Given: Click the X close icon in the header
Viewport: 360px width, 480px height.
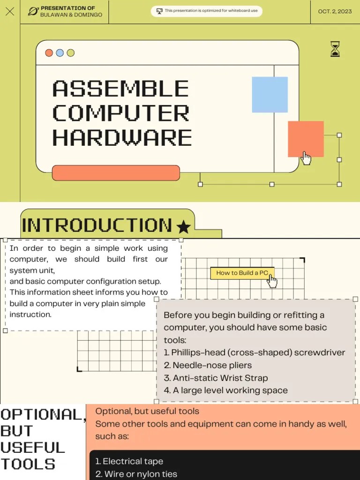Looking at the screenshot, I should pyautogui.click(x=10, y=11).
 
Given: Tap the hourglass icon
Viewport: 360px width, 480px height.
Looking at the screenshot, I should pyautogui.click(x=335, y=49).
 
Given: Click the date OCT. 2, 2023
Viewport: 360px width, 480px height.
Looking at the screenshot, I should pyautogui.click(x=335, y=11).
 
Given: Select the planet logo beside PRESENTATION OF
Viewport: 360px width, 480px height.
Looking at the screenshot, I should pyautogui.click(x=33, y=11).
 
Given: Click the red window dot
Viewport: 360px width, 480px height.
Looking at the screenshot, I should pyautogui.click(x=49, y=53).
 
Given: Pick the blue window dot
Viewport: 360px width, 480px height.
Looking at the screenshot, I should pyautogui.click(x=60, y=53).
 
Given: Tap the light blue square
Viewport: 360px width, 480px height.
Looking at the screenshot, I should pyautogui.click(x=270, y=95).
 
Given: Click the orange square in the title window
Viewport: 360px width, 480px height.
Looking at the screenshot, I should pyautogui.click(x=306, y=139).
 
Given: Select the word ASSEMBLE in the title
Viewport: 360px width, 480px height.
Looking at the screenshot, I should pyautogui.click(x=120, y=89).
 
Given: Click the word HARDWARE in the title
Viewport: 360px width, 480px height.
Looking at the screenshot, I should pyautogui.click(x=122, y=138).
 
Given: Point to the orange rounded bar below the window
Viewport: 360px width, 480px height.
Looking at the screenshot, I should pyautogui.click(x=116, y=173).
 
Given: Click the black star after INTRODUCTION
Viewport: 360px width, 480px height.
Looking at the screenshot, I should pyautogui.click(x=183, y=227).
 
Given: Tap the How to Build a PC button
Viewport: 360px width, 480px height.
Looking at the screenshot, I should pyautogui.click(x=242, y=273).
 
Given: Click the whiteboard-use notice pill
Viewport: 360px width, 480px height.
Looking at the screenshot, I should pyautogui.click(x=207, y=11).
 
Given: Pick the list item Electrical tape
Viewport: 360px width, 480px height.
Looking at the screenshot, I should pyautogui.click(x=129, y=461).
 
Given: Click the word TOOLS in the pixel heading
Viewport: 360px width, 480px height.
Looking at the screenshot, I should pyautogui.click(x=28, y=464).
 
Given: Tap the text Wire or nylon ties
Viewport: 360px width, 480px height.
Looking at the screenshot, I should pyautogui.click(x=136, y=474).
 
